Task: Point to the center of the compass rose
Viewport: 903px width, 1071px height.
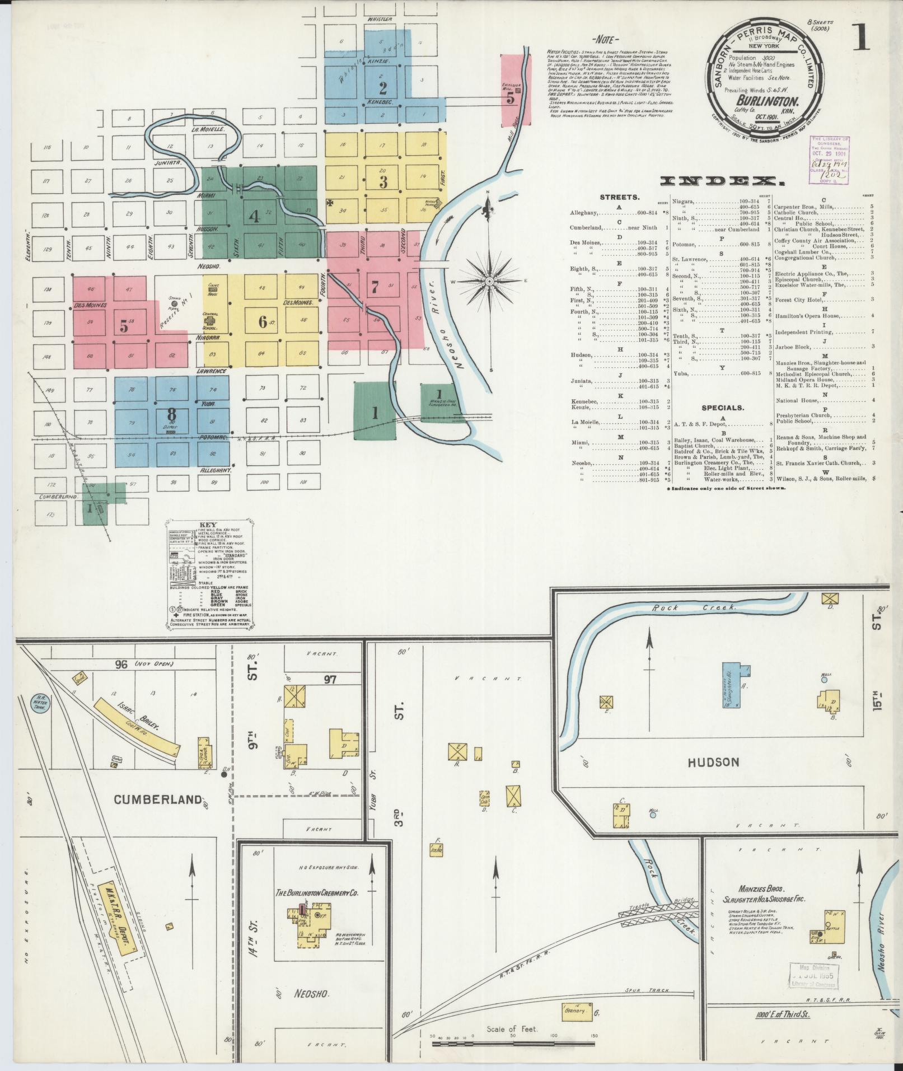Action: (489, 280)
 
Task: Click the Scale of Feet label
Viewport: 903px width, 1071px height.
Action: (512, 1029)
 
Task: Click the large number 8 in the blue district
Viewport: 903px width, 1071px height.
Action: (172, 414)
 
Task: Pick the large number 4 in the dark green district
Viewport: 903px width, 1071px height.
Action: (254, 216)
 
